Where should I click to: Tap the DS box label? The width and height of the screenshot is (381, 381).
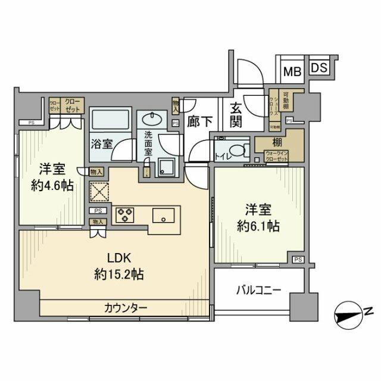318,67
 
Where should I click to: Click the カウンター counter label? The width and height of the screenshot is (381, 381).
126,308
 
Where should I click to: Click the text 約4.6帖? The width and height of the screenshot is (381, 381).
53,185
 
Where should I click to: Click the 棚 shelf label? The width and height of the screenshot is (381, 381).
278,143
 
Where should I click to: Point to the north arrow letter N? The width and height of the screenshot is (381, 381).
368,311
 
